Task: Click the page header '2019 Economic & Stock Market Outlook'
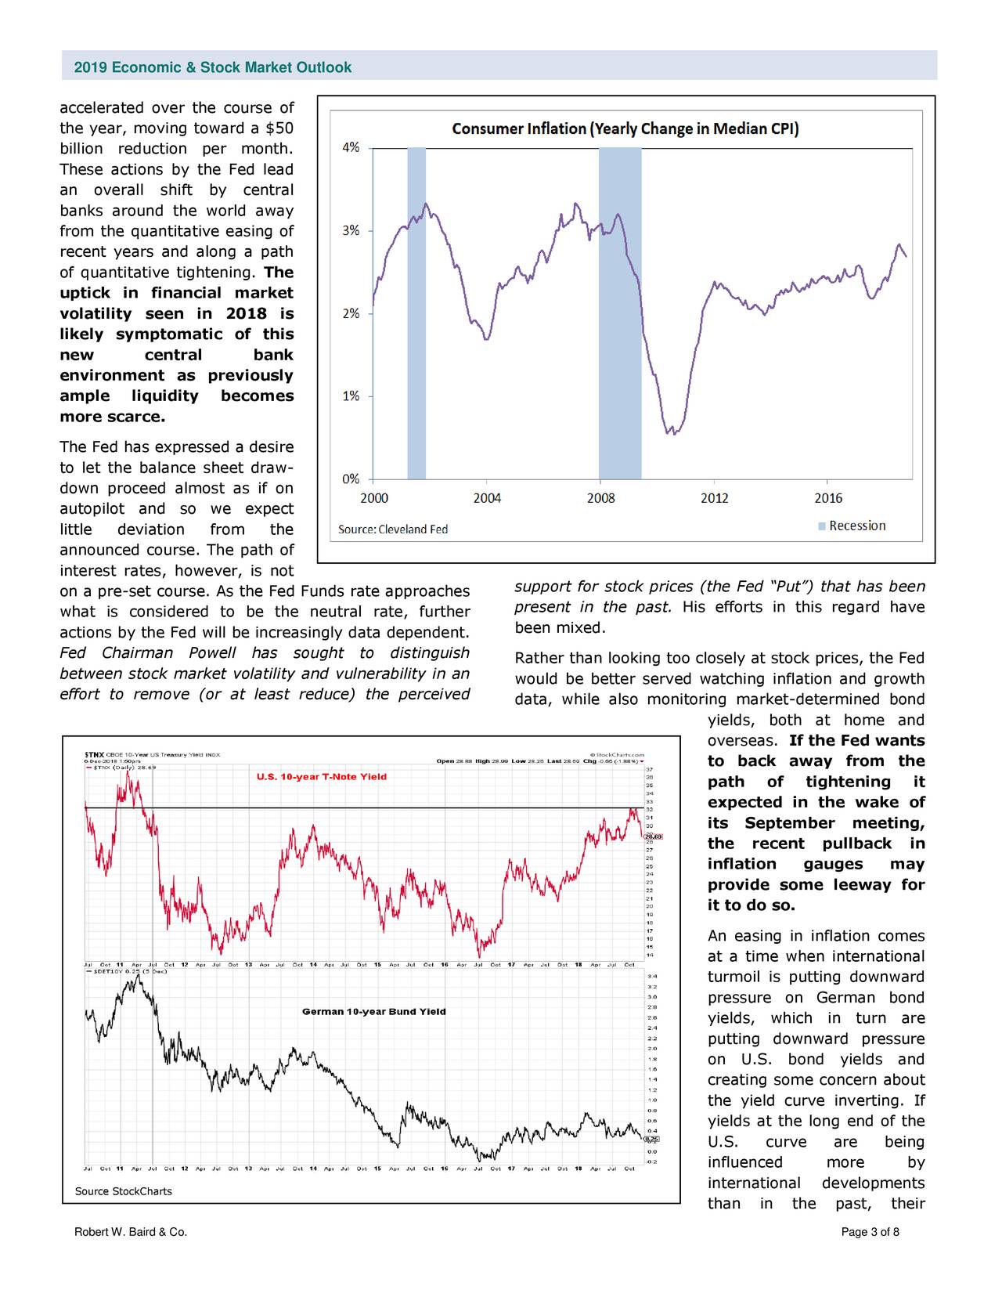[x=212, y=67]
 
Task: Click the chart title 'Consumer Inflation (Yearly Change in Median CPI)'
[x=625, y=128]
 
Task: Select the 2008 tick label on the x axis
[x=600, y=498]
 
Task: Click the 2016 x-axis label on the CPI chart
[x=828, y=498]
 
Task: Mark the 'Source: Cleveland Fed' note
[x=392, y=529]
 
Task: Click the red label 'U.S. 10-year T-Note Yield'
[x=321, y=777]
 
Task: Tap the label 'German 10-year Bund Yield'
[x=373, y=1011]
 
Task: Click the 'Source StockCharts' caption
[x=123, y=1191]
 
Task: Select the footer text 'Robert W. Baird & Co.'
[x=130, y=1232]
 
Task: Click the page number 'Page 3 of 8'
[x=870, y=1232]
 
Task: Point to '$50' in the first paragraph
[x=279, y=128]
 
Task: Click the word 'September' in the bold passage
[x=789, y=822]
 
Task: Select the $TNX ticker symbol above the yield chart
[x=94, y=755]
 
